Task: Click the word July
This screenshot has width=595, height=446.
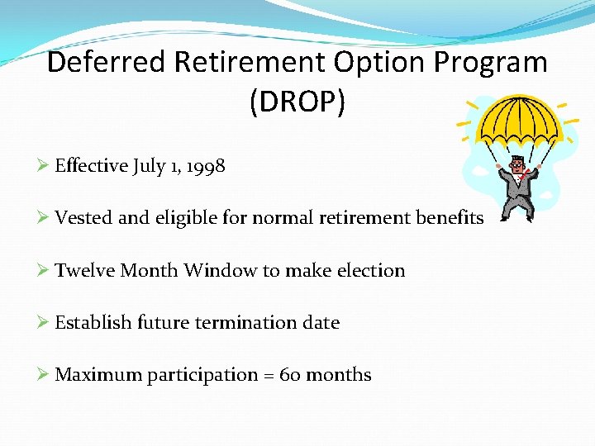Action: click(149, 166)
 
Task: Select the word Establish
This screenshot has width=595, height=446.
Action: click(92, 322)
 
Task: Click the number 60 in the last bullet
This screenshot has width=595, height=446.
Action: click(290, 375)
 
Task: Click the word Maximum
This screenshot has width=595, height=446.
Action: click(98, 375)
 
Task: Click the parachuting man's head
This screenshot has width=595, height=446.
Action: click(517, 164)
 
